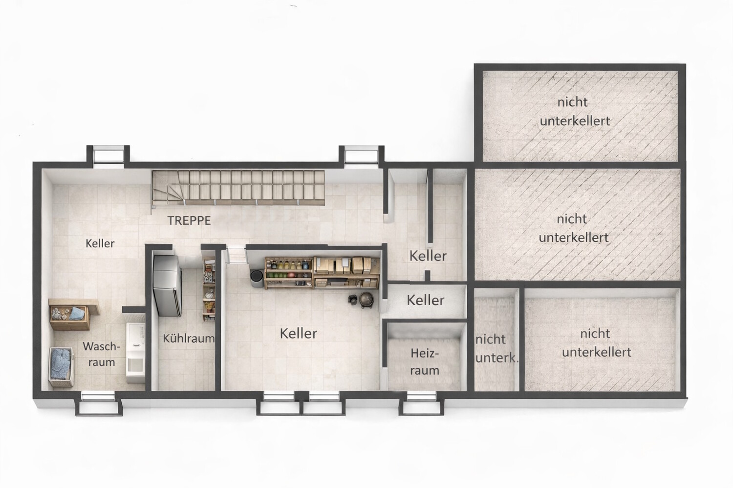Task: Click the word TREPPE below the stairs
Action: click(189, 221)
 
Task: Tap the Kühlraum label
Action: click(189, 338)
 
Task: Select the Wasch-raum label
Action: click(102, 354)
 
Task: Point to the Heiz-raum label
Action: click(425, 362)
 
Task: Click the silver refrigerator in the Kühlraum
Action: click(168, 286)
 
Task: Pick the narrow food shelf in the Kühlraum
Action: click(209, 289)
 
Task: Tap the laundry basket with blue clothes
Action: click(61, 367)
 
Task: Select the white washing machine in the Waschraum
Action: click(136, 352)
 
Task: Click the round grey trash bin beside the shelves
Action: click(257, 279)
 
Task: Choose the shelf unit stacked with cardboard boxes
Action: click(346, 273)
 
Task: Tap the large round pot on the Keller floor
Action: click(366, 300)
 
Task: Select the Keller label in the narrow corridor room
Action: click(426, 300)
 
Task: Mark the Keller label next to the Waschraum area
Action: click(100, 244)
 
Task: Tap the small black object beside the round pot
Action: click(353, 300)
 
